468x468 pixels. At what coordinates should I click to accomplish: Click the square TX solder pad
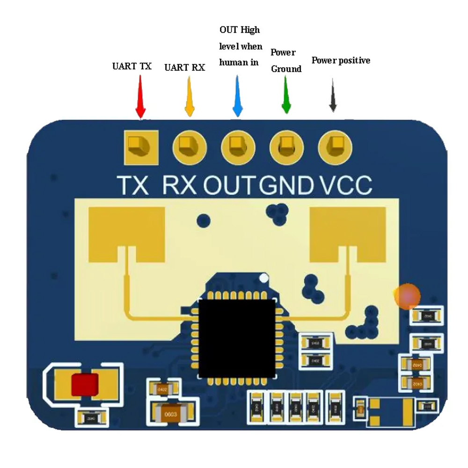point(140,147)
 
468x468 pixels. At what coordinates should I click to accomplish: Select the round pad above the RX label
point(190,147)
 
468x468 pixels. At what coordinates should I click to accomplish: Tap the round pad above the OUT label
point(238,147)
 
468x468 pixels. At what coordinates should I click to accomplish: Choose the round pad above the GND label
point(286,147)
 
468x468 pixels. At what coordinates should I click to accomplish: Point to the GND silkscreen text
point(286,185)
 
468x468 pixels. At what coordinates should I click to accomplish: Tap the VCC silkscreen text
point(346,185)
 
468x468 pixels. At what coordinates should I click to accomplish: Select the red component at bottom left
point(85,384)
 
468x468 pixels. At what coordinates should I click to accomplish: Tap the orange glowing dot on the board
point(407,296)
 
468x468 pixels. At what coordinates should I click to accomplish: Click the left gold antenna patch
point(126,234)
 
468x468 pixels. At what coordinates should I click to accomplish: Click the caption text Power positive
point(341,60)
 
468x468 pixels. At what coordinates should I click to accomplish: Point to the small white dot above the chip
point(264,278)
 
